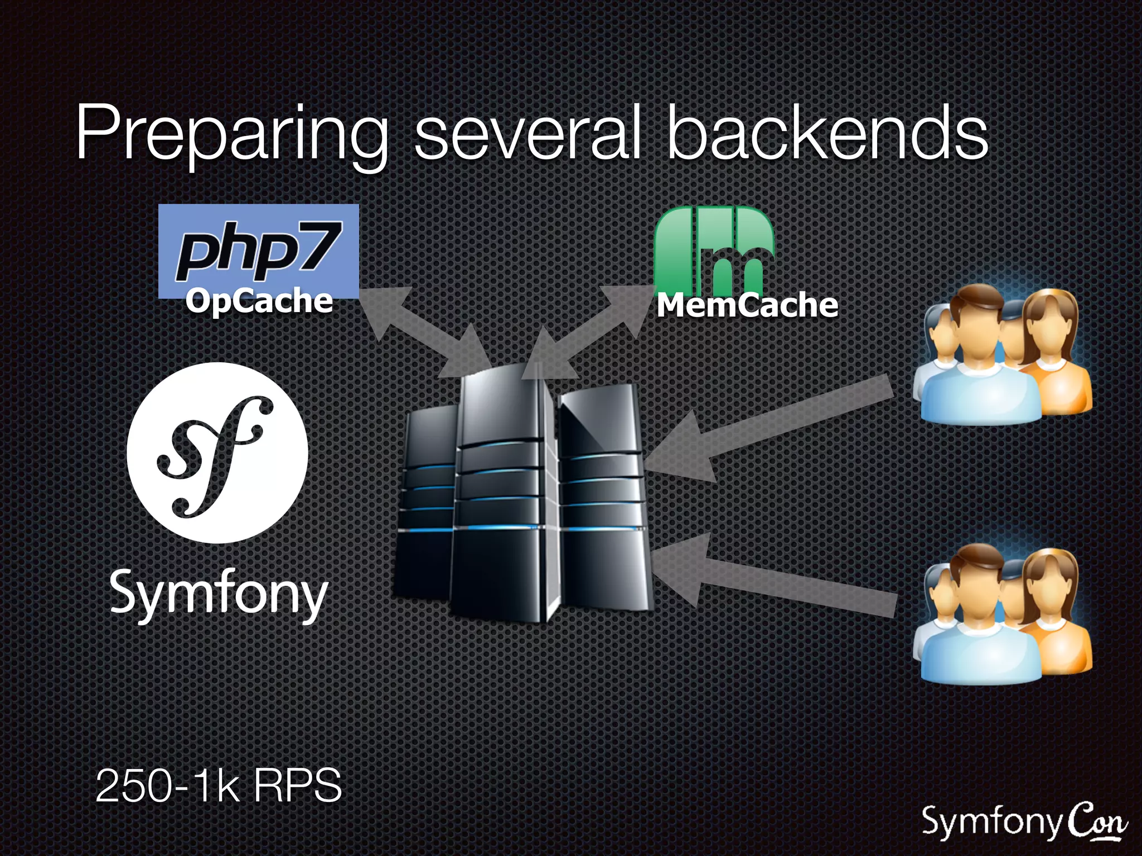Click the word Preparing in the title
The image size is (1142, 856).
point(231,134)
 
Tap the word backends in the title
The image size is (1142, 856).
point(828,134)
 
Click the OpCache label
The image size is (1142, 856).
point(259,301)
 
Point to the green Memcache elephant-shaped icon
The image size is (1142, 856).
point(714,248)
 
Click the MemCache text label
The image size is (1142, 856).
point(747,305)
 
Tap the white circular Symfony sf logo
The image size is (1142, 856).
point(217,453)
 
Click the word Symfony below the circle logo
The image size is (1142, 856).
point(219,594)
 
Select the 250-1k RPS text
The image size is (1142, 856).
point(219,785)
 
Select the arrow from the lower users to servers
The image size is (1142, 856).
point(775,582)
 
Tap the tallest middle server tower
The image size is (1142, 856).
point(499,490)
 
